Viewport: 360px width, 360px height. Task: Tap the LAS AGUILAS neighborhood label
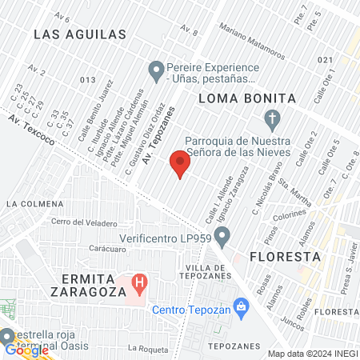(x=80, y=34)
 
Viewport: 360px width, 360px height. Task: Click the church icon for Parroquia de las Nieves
(x=272, y=122)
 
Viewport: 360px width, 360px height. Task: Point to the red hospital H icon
(x=141, y=282)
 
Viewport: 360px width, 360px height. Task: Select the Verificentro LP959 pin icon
(x=223, y=237)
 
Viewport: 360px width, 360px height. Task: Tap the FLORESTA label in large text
(x=285, y=257)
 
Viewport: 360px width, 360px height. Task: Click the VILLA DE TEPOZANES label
(x=213, y=271)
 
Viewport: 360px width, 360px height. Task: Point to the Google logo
(x=26, y=349)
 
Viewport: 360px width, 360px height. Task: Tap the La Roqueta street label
(x=145, y=348)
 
